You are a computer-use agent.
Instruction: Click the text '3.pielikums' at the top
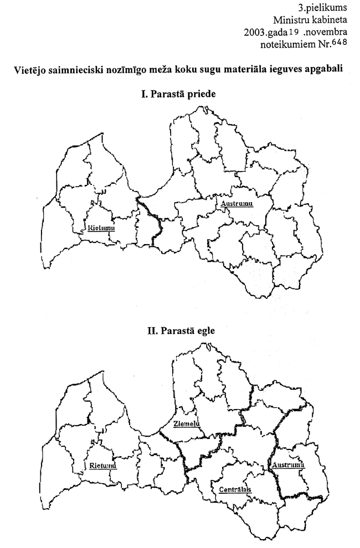click(x=327, y=8)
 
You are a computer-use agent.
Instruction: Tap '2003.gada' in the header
click(x=264, y=32)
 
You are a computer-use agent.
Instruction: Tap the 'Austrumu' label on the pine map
click(x=236, y=204)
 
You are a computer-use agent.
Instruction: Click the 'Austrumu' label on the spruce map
click(x=288, y=465)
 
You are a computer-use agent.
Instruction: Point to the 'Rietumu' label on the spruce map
click(x=102, y=466)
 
